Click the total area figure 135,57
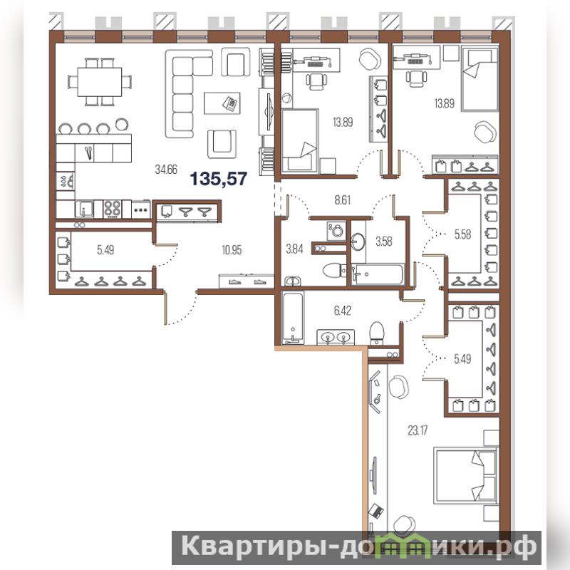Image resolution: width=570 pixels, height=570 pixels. point(219,179)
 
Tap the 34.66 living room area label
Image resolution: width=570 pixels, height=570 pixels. point(166,170)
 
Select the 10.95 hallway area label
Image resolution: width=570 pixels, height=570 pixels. point(232,250)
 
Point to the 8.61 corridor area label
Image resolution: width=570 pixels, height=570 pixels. point(343,200)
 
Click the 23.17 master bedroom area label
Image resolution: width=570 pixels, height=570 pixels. point(418,431)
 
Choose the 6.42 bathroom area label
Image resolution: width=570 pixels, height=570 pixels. point(343,311)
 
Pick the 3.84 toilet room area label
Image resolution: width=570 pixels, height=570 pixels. point(294,249)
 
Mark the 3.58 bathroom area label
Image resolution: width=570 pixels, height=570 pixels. point(384,242)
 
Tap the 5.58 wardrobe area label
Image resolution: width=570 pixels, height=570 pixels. point(462,235)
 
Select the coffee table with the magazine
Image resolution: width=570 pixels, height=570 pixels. point(222,103)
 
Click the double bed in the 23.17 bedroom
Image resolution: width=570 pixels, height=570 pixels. point(466,476)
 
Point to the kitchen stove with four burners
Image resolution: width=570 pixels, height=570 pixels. point(113,209)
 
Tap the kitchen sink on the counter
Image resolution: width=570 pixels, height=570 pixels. point(84,209)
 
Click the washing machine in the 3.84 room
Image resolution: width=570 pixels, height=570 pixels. point(336,231)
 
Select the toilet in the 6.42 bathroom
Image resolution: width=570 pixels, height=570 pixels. point(377,333)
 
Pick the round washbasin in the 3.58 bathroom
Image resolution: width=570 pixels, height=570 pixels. point(358,242)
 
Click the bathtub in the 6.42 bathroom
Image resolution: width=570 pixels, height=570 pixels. point(292,318)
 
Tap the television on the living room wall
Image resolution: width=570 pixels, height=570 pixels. point(269,112)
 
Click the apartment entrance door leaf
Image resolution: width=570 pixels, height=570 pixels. point(166,307)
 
